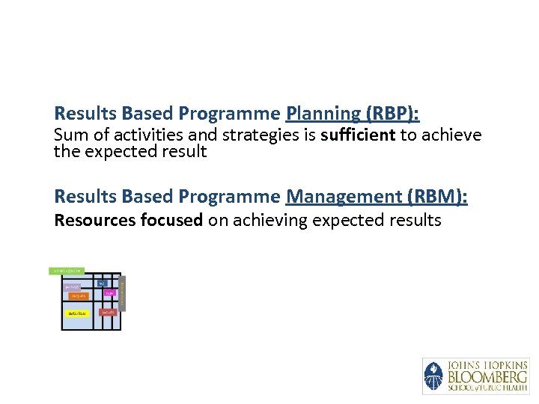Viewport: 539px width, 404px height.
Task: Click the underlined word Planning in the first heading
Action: [x=323, y=114]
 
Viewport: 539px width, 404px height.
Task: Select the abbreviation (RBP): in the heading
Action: [x=392, y=114]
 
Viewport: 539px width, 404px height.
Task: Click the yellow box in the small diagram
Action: [x=76, y=313]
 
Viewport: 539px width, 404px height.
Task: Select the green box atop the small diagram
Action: [x=67, y=270]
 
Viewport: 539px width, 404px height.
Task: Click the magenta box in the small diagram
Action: [x=110, y=292]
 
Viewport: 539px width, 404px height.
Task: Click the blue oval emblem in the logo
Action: [x=433, y=376]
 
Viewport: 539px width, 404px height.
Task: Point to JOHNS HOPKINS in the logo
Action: [x=487, y=365]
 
